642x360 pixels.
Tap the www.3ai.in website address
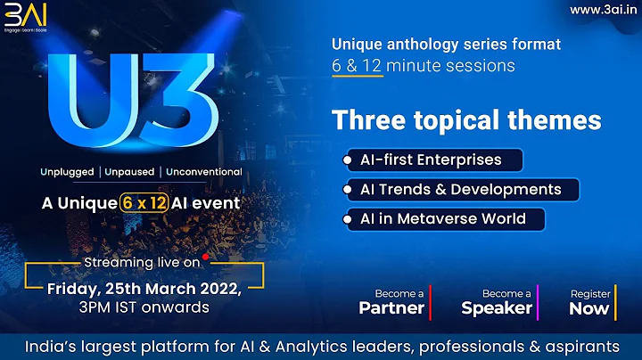tap(600, 10)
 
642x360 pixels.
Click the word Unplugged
tap(71, 171)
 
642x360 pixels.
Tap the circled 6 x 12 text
tap(144, 202)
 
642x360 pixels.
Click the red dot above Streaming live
tap(205, 256)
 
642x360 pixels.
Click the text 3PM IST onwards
tap(143, 307)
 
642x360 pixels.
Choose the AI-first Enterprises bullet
tap(432, 160)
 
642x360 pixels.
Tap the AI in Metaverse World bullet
tap(443, 218)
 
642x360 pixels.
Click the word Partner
tap(391, 308)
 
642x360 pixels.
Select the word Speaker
tap(497, 308)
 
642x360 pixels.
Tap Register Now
tap(589, 302)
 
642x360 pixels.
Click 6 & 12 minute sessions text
tap(424, 65)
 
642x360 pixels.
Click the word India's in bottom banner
tap(52, 345)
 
